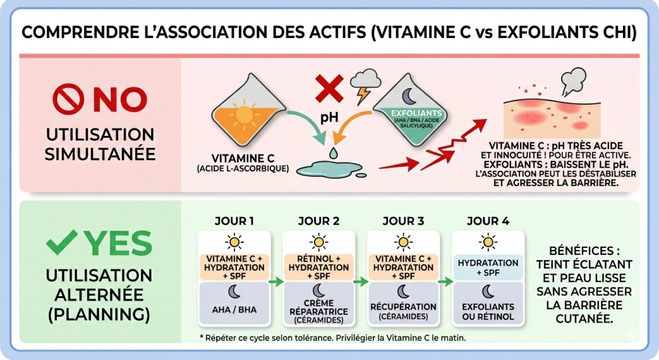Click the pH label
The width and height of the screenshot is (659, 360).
[x=329, y=119]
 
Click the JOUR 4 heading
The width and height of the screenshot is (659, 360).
[x=487, y=221]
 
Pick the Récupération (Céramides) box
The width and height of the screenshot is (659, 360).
[x=404, y=311]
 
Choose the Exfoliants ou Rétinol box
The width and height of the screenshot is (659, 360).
[x=487, y=311]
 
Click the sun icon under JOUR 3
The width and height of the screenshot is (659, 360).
[x=404, y=242]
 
